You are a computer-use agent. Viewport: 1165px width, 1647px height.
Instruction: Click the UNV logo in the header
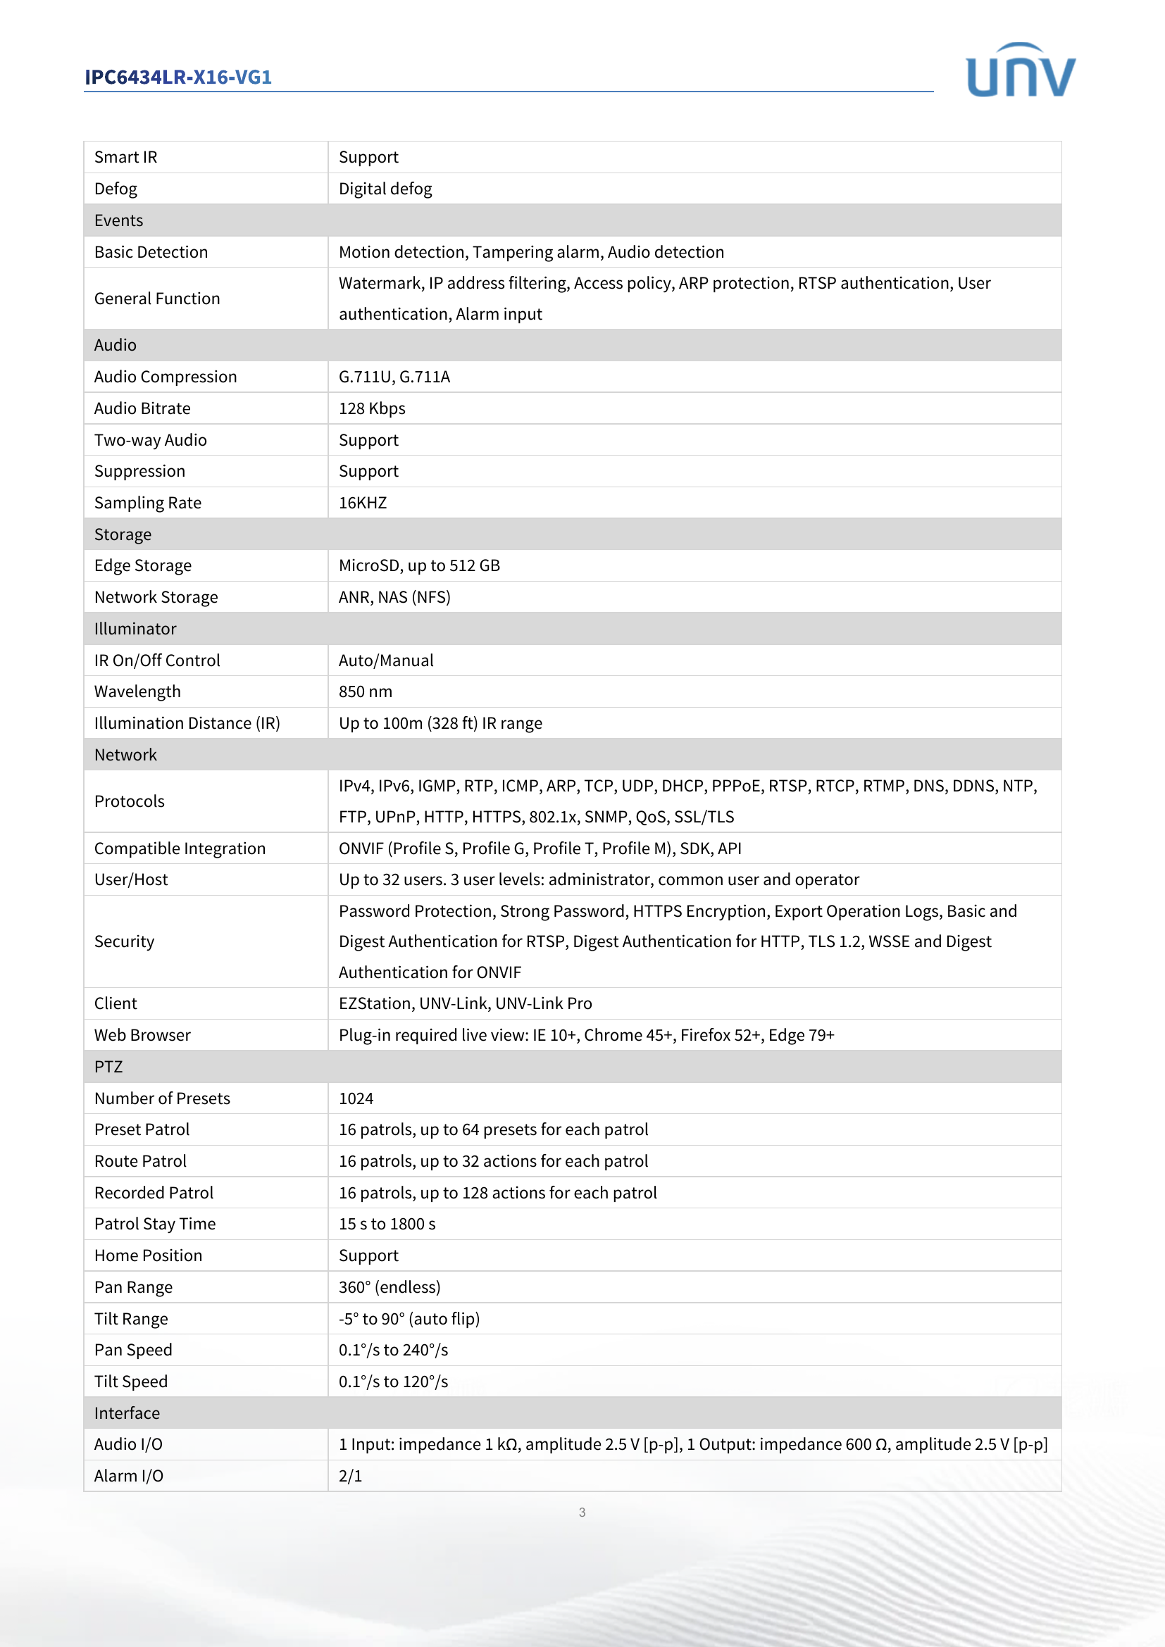[x=1020, y=70]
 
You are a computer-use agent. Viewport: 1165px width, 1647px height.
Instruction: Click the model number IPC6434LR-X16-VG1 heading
[x=178, y=77]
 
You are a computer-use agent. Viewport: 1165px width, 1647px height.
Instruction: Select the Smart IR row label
[x=125, y=157]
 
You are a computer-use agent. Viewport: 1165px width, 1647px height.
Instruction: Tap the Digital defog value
[x=385, y=189]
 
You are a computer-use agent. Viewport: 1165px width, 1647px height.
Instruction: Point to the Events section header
[x=119, y=220]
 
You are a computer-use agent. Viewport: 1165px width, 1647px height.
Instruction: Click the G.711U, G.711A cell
[x=394, y=377]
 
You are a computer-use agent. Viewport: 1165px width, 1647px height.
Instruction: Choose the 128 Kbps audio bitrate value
[x=372, y=408]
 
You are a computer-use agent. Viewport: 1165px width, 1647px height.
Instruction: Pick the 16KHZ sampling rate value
[x=362, y=503]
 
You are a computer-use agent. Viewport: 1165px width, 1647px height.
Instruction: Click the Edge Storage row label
[x=143, y=565]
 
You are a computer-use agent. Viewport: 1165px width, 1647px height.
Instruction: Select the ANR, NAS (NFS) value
[x=394, y=597]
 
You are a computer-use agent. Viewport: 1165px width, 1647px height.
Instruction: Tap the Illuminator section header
[x=135, y=628]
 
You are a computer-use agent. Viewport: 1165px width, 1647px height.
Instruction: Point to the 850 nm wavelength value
[x=365, y=691]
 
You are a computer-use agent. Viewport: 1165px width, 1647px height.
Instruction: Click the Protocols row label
[x=129, y=801]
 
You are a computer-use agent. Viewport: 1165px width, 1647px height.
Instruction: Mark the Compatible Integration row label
[x=180, y=848]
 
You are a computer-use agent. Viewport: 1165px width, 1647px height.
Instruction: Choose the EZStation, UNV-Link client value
[x=465, y=1003]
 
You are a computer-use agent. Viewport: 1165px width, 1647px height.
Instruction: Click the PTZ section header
[x=108, y=1067]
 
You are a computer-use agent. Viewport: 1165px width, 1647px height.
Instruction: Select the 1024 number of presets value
[x=356, y=1098]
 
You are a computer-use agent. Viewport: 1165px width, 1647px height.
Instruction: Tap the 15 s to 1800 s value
[x=387, y=1224]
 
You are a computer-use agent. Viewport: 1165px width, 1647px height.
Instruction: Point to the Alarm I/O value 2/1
[x=350, y=1476]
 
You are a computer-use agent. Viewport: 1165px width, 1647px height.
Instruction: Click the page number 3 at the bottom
[x=582, y=1512]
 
